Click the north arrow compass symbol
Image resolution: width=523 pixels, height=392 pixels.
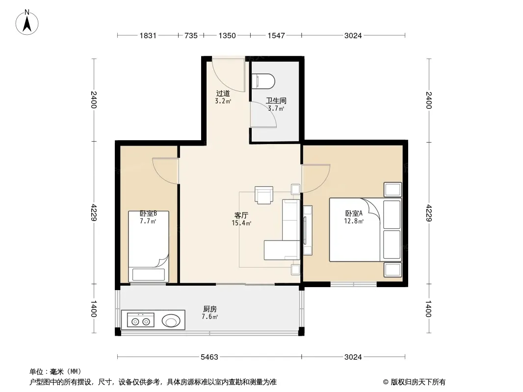click(27, 23)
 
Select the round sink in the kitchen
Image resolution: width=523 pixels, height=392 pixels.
click(171, 321)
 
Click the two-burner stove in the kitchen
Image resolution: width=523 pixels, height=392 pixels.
click(140, 320)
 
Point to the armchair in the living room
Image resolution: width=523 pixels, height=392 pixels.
click(264, 195)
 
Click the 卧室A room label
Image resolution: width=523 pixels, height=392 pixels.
click(354, 214)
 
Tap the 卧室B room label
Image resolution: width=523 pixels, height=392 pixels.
click(148, 214)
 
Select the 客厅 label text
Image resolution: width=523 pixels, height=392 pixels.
click(241, 216)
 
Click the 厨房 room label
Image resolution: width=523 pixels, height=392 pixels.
click(210, 309)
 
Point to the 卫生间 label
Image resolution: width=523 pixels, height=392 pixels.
click(276, 100)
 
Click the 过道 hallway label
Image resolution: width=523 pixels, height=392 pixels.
click(223, 94)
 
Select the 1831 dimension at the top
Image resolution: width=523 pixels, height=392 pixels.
click(148, 36)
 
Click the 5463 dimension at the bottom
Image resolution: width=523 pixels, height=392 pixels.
click(209, 357)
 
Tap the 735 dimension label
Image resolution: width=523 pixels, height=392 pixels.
click(191, 36)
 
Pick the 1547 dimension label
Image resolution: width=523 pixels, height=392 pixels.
click(276, 36)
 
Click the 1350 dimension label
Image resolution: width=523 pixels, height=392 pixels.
click(227, 36)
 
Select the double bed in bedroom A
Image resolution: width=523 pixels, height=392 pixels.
click(365, 230)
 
